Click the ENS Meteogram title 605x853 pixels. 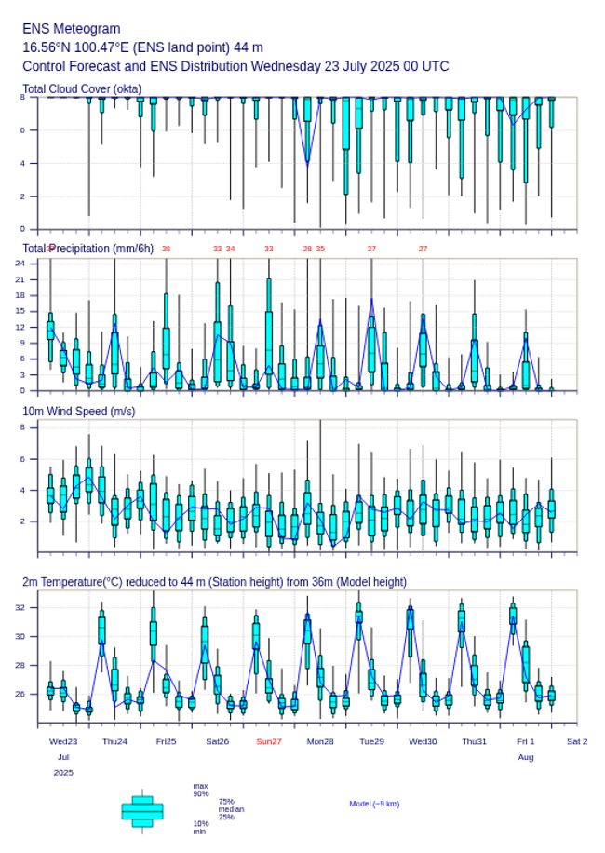(72, 29)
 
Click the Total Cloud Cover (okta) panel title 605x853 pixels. (82, 89)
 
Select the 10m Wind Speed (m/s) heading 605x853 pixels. (78, 412)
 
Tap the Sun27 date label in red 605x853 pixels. (269, 741)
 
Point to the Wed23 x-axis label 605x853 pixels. (63, 741)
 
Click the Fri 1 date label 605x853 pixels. (526, 741)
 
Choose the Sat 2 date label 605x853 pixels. (577, 741)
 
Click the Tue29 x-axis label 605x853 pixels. (371, 741)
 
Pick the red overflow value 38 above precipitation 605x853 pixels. (166, 249)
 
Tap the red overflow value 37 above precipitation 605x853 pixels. (371, 249)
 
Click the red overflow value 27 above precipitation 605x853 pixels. (423, 249)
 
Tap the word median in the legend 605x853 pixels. (231, 809)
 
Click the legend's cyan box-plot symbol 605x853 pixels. (142, 811)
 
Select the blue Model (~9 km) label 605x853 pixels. (374, 804)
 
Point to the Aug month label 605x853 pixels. (526, 757)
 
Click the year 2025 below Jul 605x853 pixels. (63, 773)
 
